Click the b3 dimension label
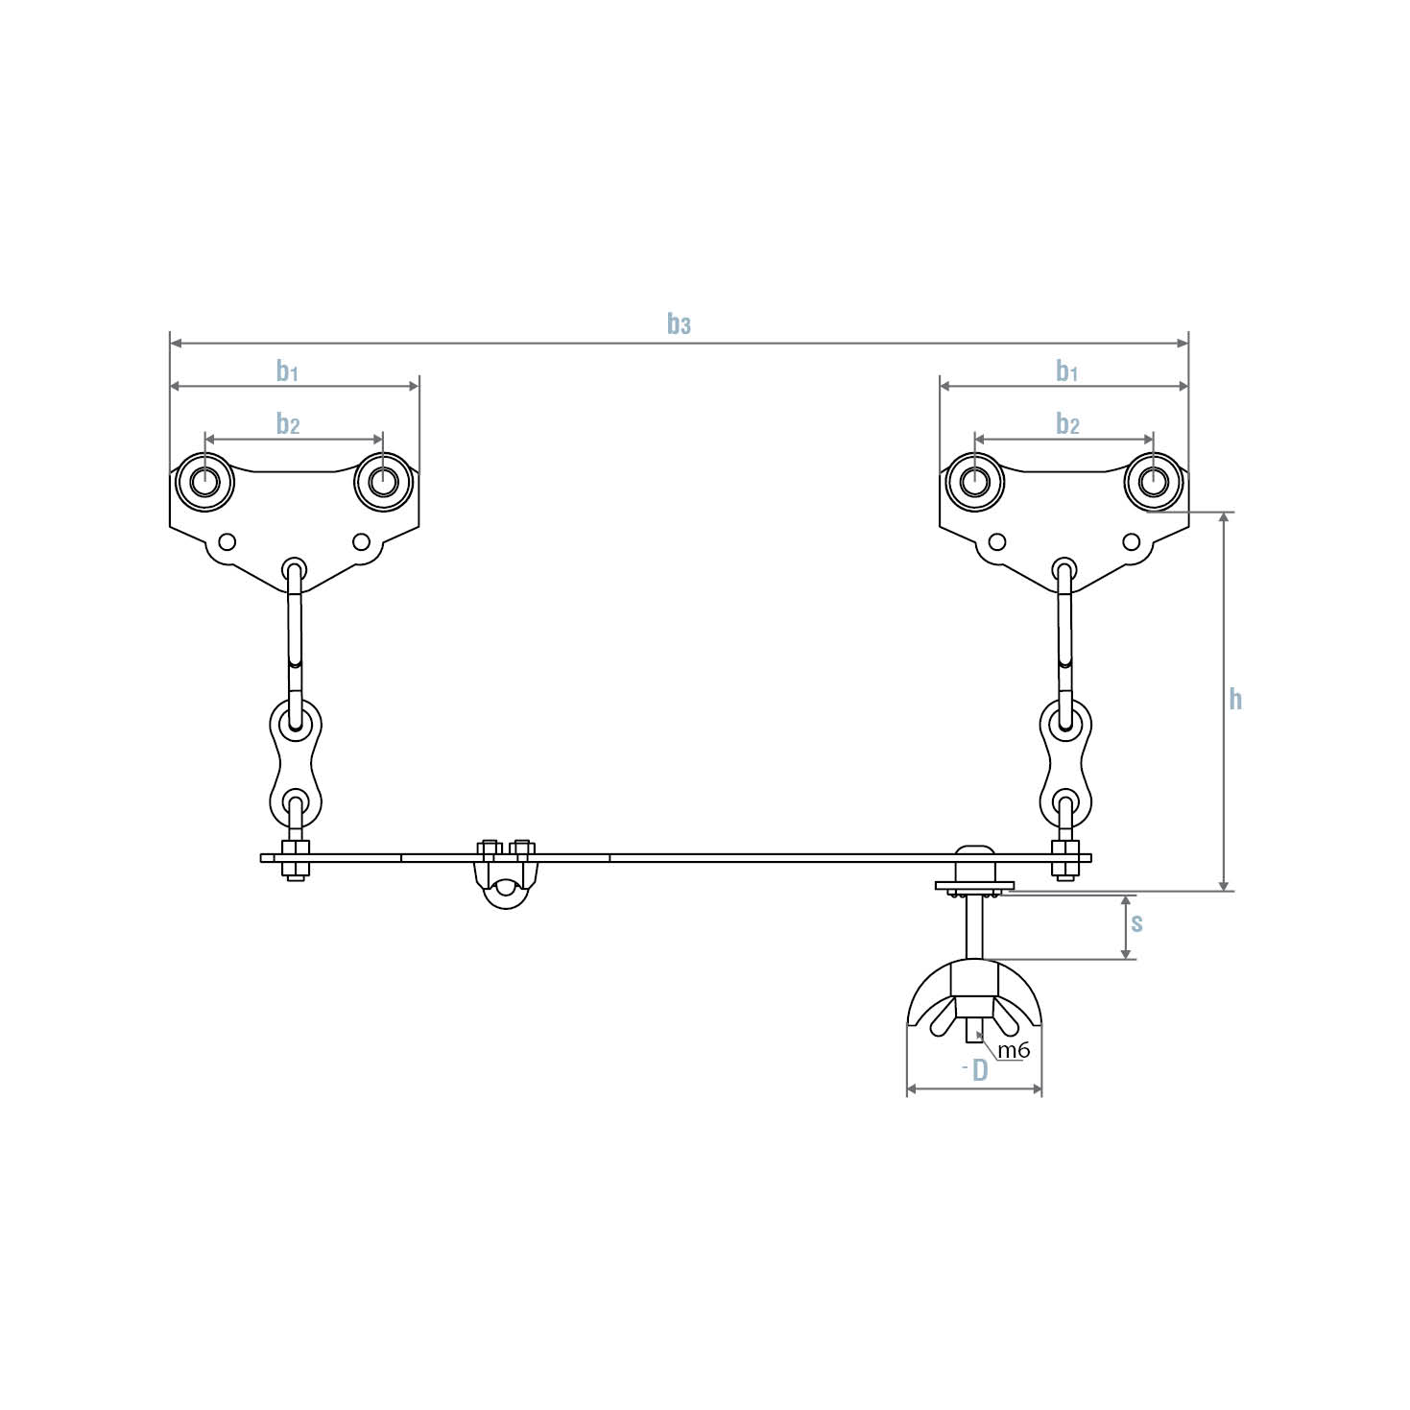click(679, 324)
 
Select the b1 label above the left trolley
click(287, 370)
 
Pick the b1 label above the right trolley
click(1066, 370)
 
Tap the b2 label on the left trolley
click(288, 423)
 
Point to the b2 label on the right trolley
click(1067, 423)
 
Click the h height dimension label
click(1235, 699)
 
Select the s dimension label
click(1136, 922)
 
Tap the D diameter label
click(979, 1070)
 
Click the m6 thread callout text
click(1013, 1050)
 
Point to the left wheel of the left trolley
click(204, 481)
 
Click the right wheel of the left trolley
click(382, 481)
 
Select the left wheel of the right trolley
click(975, 481)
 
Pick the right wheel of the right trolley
click(1153, 481)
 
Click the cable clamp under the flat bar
click(506, 875)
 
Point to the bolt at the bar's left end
click(295, 859)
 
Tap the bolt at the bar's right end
click(1064, 859)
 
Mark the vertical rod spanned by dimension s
click(974, 926)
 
